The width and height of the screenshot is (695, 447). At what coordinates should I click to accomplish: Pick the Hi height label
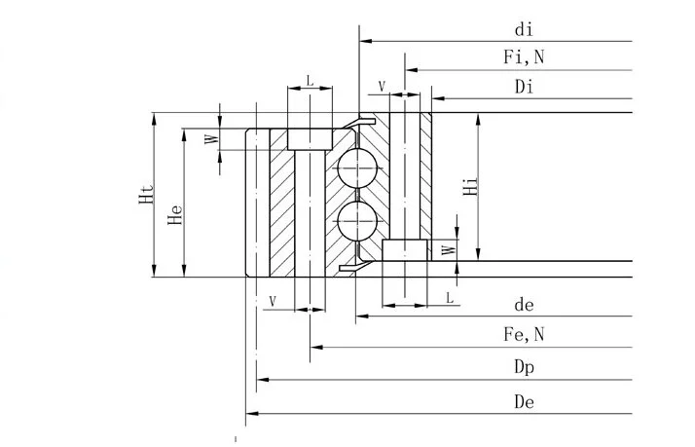point(470,186)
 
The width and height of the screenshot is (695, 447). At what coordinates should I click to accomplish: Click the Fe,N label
point(524,335)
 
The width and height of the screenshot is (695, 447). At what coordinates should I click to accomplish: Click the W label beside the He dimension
point(208,139)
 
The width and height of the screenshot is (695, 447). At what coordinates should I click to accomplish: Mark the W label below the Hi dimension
point(447,249)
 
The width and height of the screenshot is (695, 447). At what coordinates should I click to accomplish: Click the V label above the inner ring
point(381,87)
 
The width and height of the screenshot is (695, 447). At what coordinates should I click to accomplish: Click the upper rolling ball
point(355,168)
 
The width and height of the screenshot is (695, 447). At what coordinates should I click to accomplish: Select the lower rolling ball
point(355,221)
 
